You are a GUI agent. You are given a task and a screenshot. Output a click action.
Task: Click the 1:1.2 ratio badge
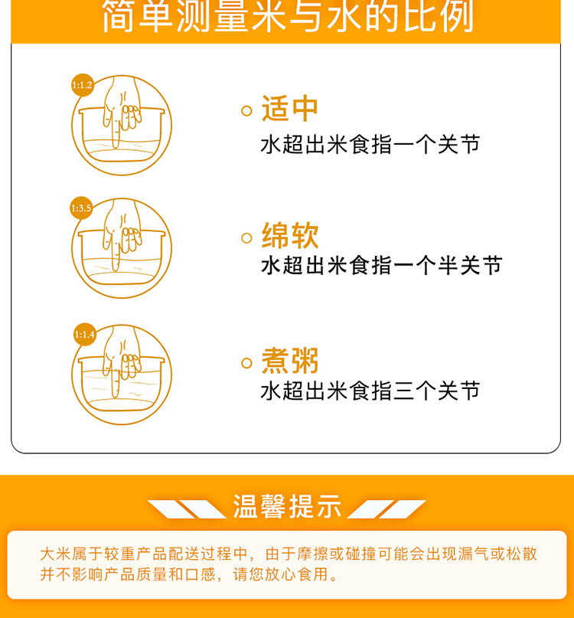pos(83,85)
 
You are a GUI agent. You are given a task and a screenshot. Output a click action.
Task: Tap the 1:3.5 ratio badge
pos(81,208)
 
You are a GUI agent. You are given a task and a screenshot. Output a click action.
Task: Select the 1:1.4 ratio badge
pos(85,335)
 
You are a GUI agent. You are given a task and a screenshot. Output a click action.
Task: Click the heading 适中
pos(289,109)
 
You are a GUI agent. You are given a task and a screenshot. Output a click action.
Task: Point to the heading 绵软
pos(289,235)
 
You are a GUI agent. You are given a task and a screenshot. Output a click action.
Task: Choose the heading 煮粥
pos(289,361)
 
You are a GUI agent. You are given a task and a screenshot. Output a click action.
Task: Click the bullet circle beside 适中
pos(246,111)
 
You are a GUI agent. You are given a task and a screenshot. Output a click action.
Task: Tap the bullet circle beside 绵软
pos(246,237)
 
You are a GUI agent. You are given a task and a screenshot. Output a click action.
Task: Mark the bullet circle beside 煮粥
pos(246,363)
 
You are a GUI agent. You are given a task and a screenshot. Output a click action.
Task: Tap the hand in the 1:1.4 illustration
pos(121,358)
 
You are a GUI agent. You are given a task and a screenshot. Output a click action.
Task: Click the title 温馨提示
pos(287,506)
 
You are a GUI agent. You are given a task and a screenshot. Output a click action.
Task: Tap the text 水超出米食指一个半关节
pos(381,265)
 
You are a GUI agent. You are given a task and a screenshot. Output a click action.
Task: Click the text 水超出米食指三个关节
pos(370,391)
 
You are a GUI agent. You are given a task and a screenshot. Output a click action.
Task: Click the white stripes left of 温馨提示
pos(187,509)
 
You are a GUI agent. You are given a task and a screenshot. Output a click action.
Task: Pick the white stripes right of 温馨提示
pos(386,509)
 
